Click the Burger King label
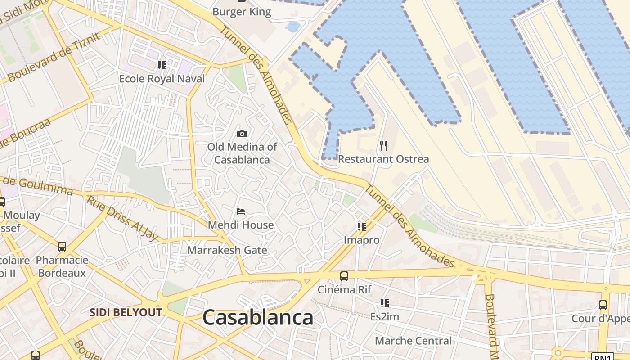242,12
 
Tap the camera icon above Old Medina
242,134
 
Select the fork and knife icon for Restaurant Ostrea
383,145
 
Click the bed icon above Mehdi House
241,211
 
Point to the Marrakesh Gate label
227,250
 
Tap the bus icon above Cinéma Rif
344,276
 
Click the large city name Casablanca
258,318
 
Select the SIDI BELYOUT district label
126,312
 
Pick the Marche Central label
413,341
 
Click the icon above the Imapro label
362,226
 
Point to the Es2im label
384,316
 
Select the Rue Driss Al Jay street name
122,219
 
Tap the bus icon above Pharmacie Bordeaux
62,247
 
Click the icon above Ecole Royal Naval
162,65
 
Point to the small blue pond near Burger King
293,27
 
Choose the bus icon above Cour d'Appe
603,305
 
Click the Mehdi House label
241,225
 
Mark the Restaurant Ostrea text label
383,159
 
